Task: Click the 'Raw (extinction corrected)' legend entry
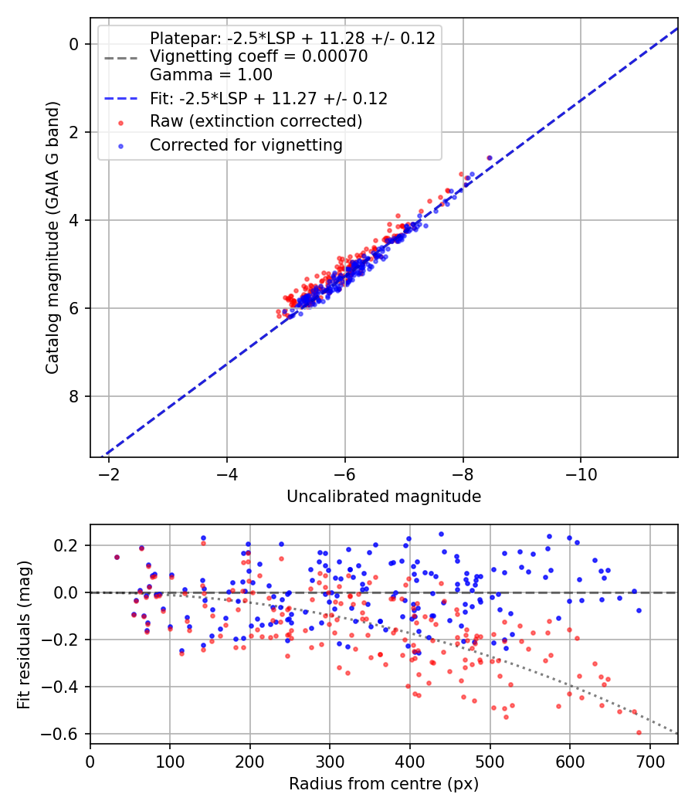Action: pos(256,121)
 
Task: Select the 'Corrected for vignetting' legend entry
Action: pos(246,144)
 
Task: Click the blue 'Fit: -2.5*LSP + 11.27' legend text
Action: pos(269,98)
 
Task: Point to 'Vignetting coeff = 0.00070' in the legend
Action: pos(259,56)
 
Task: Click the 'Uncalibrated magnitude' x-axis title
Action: pos(384,497)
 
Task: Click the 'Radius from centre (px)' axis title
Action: pos(384,784)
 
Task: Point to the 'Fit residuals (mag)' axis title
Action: pos(25,634)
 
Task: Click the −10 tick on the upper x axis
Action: pos(581,473)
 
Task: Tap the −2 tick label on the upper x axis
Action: pos(109,473)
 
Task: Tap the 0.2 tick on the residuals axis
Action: pos(69,545)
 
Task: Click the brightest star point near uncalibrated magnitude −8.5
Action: pos(490,158)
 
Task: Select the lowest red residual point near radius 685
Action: pos(639,732)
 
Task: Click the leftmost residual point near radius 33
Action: pos(117,557)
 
